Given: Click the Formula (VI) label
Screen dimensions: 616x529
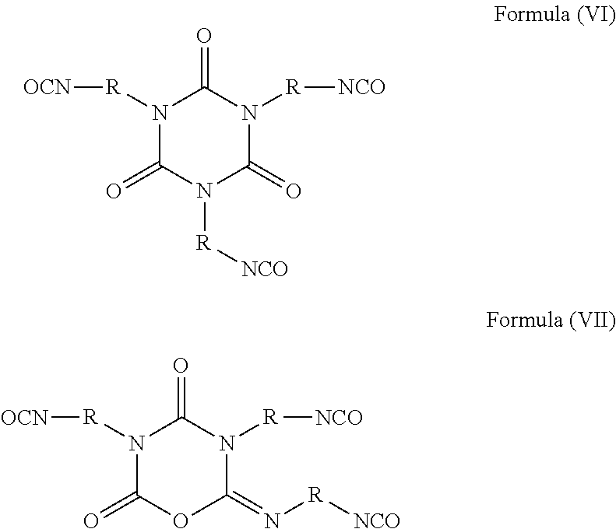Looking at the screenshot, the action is (554, 15).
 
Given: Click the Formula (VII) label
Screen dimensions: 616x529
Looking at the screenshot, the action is (551, 320).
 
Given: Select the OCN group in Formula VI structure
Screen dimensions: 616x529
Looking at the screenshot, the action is (48, 87).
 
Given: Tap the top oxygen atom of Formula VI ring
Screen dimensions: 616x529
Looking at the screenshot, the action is (204, 37).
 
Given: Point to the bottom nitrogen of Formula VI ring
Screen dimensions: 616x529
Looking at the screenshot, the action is (204, 191).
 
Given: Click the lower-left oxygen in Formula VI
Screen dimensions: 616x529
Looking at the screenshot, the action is (114, 191).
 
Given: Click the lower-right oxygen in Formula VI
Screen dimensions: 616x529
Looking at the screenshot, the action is (294, 191).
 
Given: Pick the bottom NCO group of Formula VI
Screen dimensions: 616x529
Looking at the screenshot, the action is (265, 269).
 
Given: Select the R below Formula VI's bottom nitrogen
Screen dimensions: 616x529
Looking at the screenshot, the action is (203, 243).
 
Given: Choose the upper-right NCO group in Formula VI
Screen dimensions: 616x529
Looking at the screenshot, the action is (361, 87).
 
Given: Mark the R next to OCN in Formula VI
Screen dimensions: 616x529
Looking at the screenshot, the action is (112, 87).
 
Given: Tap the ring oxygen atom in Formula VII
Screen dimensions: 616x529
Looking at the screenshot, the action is (181, 520).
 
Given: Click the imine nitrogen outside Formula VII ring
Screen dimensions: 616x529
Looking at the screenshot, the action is (272, 520).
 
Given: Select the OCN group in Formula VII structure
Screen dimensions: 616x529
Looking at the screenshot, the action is (25, 418).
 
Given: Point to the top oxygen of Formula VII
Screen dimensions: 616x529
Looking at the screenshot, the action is (181, 366).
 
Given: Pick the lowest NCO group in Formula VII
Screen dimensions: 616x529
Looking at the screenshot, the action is (377, 520).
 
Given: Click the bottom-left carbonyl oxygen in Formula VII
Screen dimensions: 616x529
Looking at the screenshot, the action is (91, 520).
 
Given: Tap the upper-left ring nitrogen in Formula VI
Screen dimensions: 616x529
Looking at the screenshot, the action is (159, 113).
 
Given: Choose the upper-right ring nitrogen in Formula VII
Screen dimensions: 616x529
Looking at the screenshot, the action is (227, 443).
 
